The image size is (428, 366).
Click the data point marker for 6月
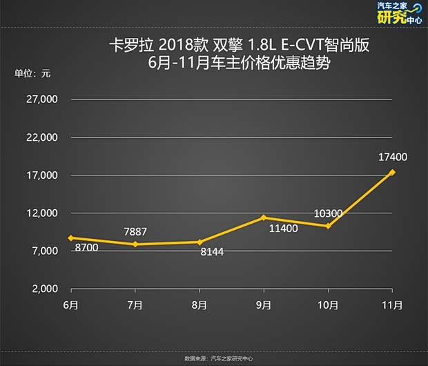(x=70, y=238)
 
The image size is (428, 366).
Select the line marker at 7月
(x=135, y=244)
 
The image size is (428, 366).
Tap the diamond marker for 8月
(x=200, y=242)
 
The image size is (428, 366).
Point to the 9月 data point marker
(x=264, y=218)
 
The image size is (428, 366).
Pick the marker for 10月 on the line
(x=328, y=226)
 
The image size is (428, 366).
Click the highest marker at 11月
(x=392, y=172)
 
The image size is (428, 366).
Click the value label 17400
(x=393, y=157)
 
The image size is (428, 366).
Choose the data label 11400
(x=282, y=228)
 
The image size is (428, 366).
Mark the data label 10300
(x=328, y=213)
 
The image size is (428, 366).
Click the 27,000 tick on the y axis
(x=43, y=100)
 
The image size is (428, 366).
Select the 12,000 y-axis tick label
(x=43, y=213)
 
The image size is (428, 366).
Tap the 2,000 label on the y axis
(x=46, y=289)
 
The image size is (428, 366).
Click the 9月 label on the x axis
(x=264, y=305)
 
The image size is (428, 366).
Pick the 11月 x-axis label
(x=392, y=305)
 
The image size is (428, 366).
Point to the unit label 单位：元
(x=32, y=73)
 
